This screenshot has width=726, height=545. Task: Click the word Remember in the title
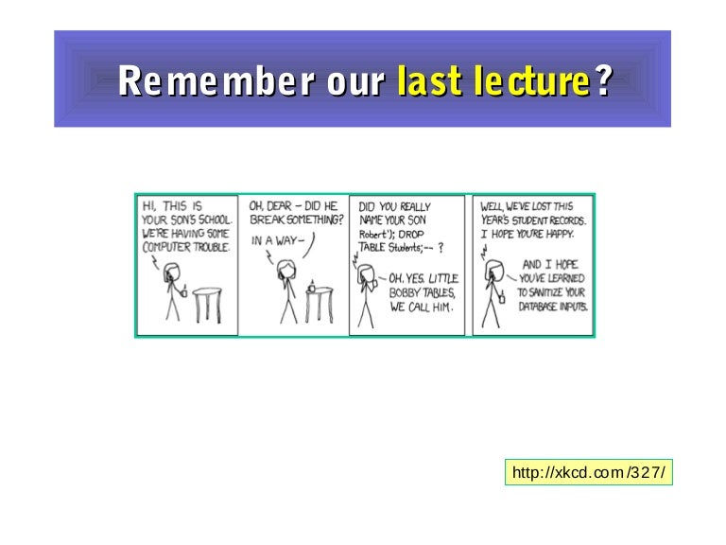click(216, 80)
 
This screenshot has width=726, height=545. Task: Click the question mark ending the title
click(604, 80)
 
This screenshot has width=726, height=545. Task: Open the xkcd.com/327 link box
click(589, 472)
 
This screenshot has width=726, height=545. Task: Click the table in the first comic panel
click(207, 305)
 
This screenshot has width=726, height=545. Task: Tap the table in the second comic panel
click(319, 305)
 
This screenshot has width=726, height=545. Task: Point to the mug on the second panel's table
click(312, 287)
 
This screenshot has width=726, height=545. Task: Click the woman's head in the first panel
click(172, 272)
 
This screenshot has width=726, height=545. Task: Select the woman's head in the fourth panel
click(494, 271)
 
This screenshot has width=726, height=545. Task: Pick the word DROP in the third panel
click(410, 234)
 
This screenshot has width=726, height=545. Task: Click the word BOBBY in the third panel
click(405, 293)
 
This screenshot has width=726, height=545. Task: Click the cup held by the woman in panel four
click(502, 297)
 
